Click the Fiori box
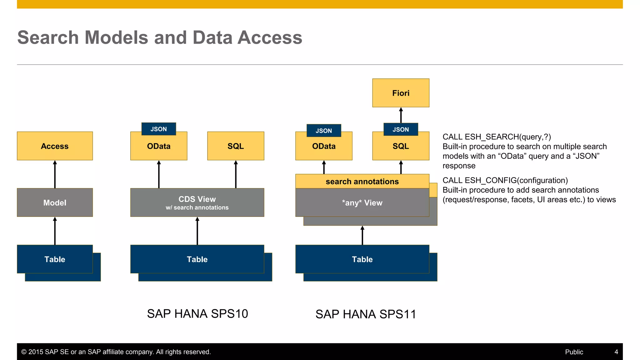(401, 93)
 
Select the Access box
(55, 146)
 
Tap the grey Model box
(55, 202)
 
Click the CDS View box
(197, 202)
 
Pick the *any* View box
(362, 203)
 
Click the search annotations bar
(362, 181)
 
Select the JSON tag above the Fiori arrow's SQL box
(401, 129)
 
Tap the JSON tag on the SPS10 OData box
(159, 129)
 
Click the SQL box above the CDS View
(236, 146)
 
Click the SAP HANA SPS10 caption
(197, 313)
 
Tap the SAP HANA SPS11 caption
(366, 314)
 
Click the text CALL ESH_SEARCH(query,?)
(497, 137)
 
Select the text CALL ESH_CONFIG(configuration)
(505, 180)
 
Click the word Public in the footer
(574, 352)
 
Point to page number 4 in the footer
(616, 352)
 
